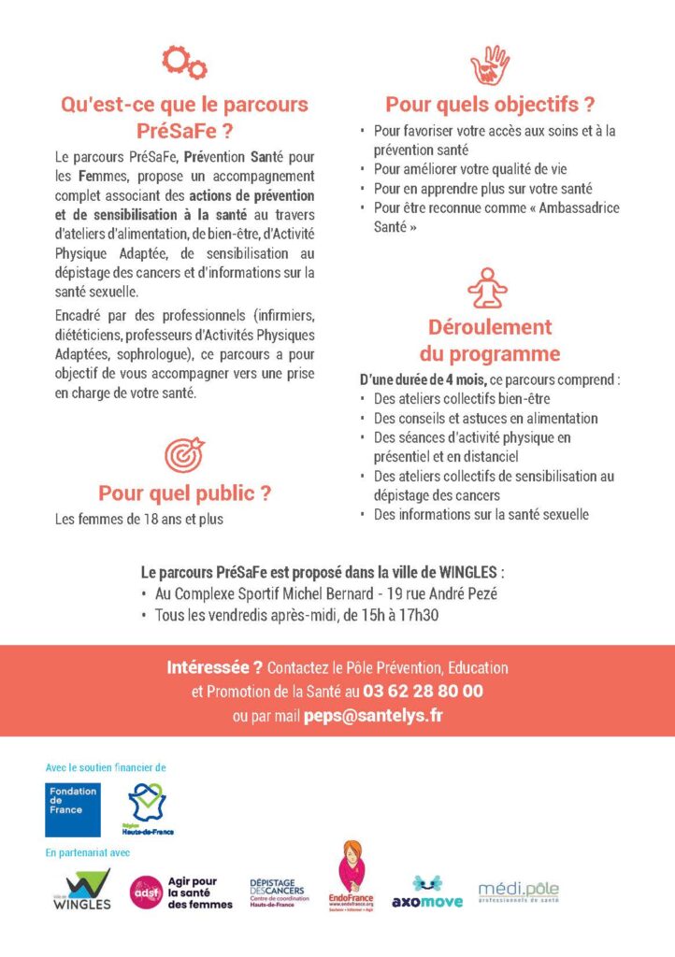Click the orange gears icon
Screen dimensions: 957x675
click(184, 63)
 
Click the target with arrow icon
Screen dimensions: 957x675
click(184, 455)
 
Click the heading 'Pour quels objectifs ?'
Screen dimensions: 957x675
click(490, 105)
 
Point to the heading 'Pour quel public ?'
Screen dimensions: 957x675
click(184, 493)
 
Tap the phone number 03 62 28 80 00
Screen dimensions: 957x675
click(423, 692)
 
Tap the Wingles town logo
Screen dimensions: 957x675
click(81, 891)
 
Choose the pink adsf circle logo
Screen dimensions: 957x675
click(145, 891)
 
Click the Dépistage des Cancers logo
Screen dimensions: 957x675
click(279, 891)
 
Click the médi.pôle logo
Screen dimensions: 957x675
click(518, 891)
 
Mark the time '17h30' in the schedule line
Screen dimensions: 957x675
click(419, 615)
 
